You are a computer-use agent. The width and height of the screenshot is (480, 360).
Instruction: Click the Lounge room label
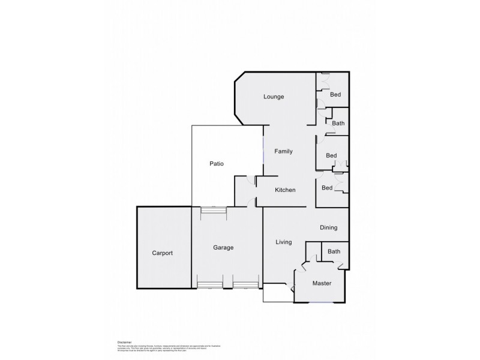(273, 97)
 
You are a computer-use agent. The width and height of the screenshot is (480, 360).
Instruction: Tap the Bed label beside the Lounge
(336, 95)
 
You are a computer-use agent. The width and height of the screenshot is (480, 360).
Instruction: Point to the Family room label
(283, 151)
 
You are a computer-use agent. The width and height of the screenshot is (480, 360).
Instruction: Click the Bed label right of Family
(331, 156)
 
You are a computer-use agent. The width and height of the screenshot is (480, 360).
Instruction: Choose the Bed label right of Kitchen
(327, 188)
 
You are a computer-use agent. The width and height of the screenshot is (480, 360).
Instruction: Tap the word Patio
(217, 163)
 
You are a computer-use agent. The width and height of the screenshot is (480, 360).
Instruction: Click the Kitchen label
(285, 190)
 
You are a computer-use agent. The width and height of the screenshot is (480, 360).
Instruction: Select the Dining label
(328, 227)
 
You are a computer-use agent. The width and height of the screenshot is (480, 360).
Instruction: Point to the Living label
(283, 242)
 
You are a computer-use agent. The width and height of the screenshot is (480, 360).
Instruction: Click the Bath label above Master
(334, 252)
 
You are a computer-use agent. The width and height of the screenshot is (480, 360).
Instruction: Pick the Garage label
(223, 247)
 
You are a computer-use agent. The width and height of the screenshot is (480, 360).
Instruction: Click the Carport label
(161, 253)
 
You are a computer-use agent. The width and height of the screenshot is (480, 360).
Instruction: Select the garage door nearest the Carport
(210, 285)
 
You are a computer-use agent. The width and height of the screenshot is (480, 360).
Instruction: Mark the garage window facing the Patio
(214, 209)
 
